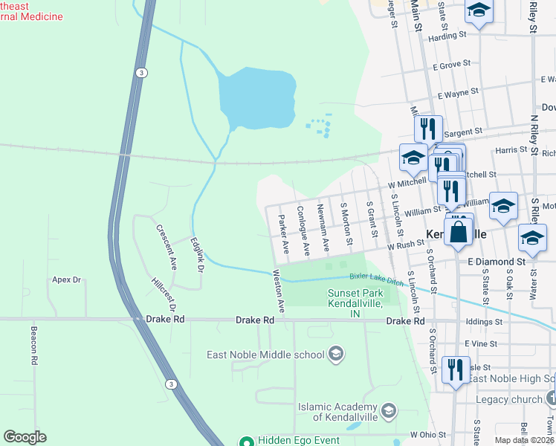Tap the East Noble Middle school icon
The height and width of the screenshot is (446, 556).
(x=337, y=354)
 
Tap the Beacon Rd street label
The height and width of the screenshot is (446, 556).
(x=33, y=344)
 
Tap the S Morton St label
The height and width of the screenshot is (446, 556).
(x=346, y=222)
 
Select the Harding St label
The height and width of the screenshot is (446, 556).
(x=447, y=35)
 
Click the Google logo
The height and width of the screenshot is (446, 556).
(x=25, y=437)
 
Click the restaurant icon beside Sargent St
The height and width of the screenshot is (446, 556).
(x=428, y=128)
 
